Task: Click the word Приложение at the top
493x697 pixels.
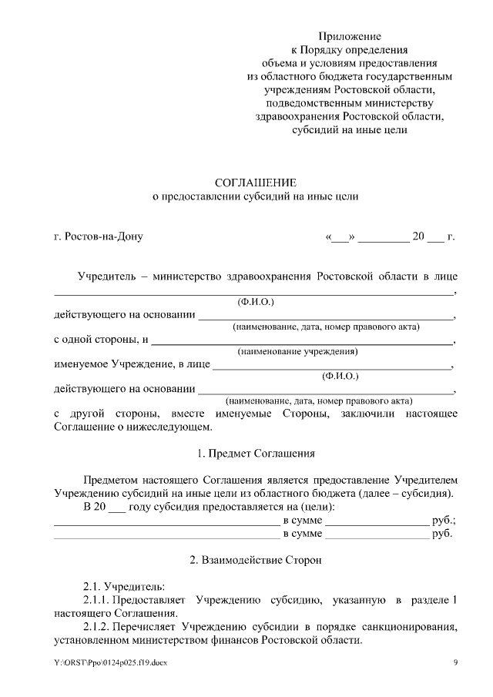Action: [350, 36]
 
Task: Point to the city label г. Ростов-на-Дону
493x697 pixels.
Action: [99, 236]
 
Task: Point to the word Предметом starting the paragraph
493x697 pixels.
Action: [111, 480]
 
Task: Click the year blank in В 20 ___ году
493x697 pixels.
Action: [117, 507]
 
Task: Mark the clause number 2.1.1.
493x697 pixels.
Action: [96, 600]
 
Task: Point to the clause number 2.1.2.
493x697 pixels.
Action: [96, 627]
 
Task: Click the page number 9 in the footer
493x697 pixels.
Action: [455, 663]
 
